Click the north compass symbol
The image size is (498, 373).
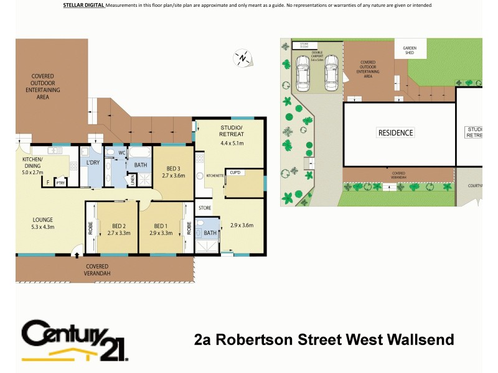pyautogui.click(x=242, y=58)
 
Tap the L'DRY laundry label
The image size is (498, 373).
pyautogui.click(x=93, y=163)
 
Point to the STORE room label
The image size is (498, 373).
pyautogui.click(x=204, y=208)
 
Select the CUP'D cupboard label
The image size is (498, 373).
pyautogui.click(x=235, y=172)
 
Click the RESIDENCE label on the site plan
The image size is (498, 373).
pyautogui.click(x=396, y=133)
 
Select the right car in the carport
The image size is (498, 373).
pyautogui.click(x=332, y=72)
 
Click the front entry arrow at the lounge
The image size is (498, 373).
pyautogui.click(x=77, y=254)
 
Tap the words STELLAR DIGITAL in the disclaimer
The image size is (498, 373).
pyautogui.click(x=84, y=5)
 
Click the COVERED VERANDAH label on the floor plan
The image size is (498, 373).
pyautogui.click(x=98, y=270)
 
